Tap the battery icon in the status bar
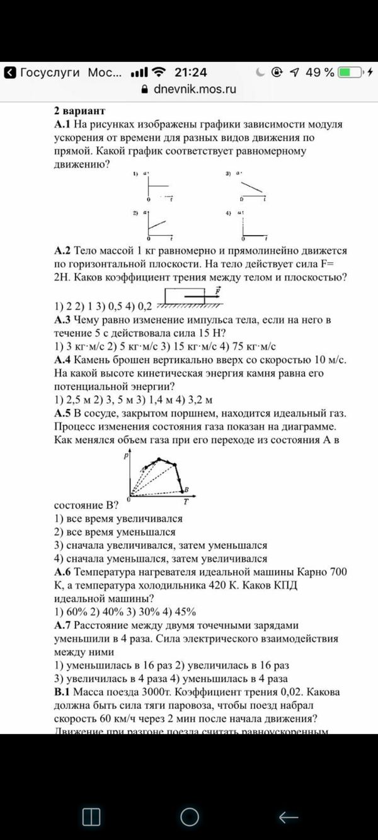pos(351,72)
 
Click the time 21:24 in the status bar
pos(190,72)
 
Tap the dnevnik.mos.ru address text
pos(195,89)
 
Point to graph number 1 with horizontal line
pos(157,187)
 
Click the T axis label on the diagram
pos(186,502)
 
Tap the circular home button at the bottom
pos(190,817)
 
